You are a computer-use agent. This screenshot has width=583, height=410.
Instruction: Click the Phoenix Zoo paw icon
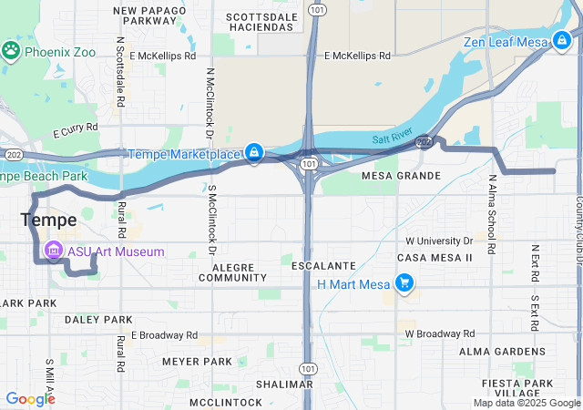pos(12,49)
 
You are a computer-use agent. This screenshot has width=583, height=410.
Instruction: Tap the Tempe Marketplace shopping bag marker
pos(255,152)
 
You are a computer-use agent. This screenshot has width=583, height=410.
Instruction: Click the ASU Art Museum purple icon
pos(53,251)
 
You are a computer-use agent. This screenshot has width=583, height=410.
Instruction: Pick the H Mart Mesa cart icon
pos(404,284)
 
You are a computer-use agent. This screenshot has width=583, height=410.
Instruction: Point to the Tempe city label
pos(48,220)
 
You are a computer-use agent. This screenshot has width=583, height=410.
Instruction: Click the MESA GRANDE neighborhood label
pos(401,175)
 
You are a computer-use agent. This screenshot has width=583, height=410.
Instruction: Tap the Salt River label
pos(393,138)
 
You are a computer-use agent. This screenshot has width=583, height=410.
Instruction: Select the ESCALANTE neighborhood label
pos(323,265)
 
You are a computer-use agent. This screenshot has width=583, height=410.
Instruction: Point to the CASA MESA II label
pos(435,258)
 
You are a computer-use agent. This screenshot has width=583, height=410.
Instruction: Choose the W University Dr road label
pos(439,241)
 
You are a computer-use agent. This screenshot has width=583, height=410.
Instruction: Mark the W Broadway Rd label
pos(440,333)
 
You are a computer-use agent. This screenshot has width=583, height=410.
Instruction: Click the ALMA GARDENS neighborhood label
pos(502,351)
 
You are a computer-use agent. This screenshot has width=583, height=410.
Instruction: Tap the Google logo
pos(30,398)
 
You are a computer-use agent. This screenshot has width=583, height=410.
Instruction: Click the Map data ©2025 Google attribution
pos(527,403)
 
